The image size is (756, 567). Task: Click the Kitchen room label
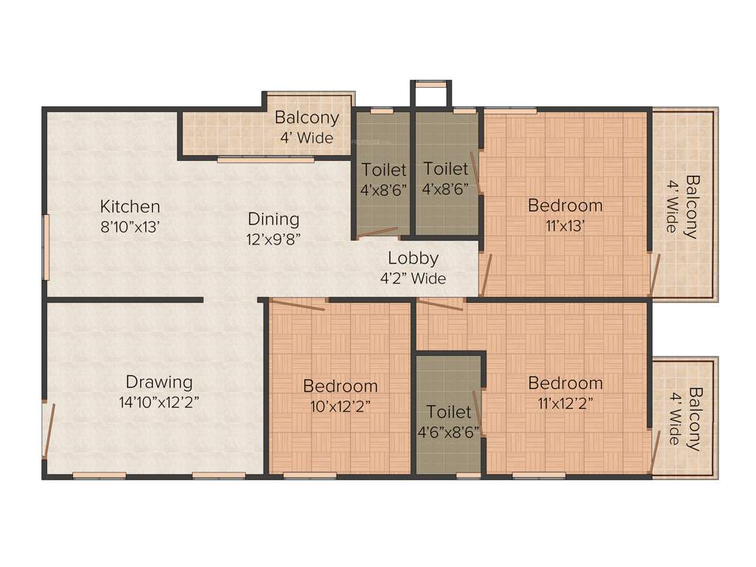(x=130, y=206)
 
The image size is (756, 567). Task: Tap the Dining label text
(x=273, y=219)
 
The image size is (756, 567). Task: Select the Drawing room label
(x=159, y=382)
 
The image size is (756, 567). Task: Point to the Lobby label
(x=413, y=258)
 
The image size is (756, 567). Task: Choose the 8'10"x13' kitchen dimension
(x=130, y=227)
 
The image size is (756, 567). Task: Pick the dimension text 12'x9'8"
(x=273, y=238)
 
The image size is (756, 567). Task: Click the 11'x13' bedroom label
(x=565, y=226)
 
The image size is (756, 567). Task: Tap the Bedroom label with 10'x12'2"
(x=340, y=385)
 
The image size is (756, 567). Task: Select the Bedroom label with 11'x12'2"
(x=565, y=383)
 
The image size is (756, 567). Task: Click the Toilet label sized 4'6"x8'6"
(x=449, y=411)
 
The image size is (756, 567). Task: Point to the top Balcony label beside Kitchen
(x=306, y=117)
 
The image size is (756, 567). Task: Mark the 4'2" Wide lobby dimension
(x=413, y=278)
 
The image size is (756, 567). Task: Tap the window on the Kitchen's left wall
(x=46, y=247)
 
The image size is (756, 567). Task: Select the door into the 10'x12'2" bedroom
(x=298, y=304)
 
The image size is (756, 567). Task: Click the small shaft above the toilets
(x=430, y=95)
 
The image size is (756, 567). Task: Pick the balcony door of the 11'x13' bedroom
(x=654, y=274)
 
